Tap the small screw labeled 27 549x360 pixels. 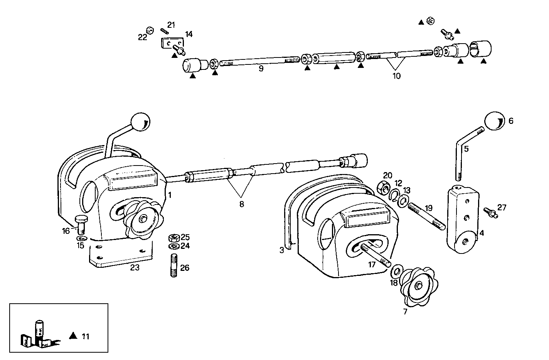pyautogui.click(x=489, y=211)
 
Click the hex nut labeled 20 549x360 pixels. pyautogui.click(x=384, y=188)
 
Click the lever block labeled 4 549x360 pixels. pyautogui.click(x=462, y=220)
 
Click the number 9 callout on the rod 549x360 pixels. pyautogui.click(x=261, y=69)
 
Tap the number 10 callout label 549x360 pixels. pyautogui.click(x=396, y=76)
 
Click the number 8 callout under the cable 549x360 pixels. pyautogui.click(x=241, y=204)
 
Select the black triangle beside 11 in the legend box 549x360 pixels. pyautogui.click(x=73, y=336)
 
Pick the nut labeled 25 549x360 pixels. pyautogui.click(x=173, y=237)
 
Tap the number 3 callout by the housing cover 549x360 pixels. pyautogui.click(x=282, y=250)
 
